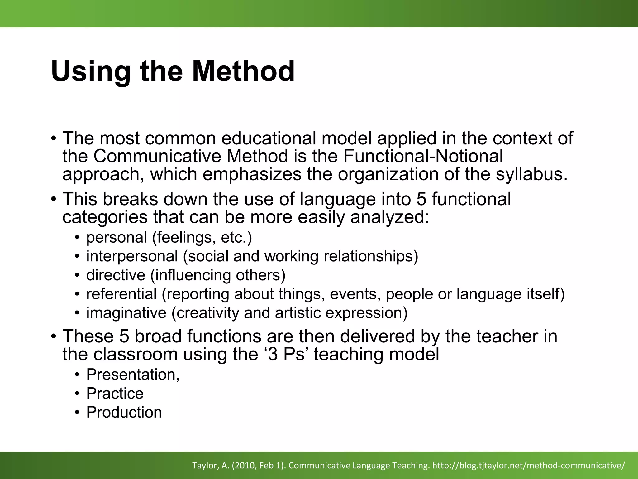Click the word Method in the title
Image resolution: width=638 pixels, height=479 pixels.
(243, 71)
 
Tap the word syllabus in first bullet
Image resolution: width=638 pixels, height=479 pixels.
(531, 174)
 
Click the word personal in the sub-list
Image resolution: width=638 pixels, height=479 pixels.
(117, 238)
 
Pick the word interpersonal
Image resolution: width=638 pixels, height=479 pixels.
(132, 256)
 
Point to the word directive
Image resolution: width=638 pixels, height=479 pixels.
(116, 275)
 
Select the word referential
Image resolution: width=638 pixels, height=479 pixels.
(121, 294)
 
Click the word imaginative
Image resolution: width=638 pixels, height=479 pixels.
(126, 313)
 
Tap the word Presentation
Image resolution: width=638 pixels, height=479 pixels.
(133, 375)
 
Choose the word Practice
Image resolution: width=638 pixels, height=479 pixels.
(115, 394)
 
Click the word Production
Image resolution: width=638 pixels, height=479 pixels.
(124, 412)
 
